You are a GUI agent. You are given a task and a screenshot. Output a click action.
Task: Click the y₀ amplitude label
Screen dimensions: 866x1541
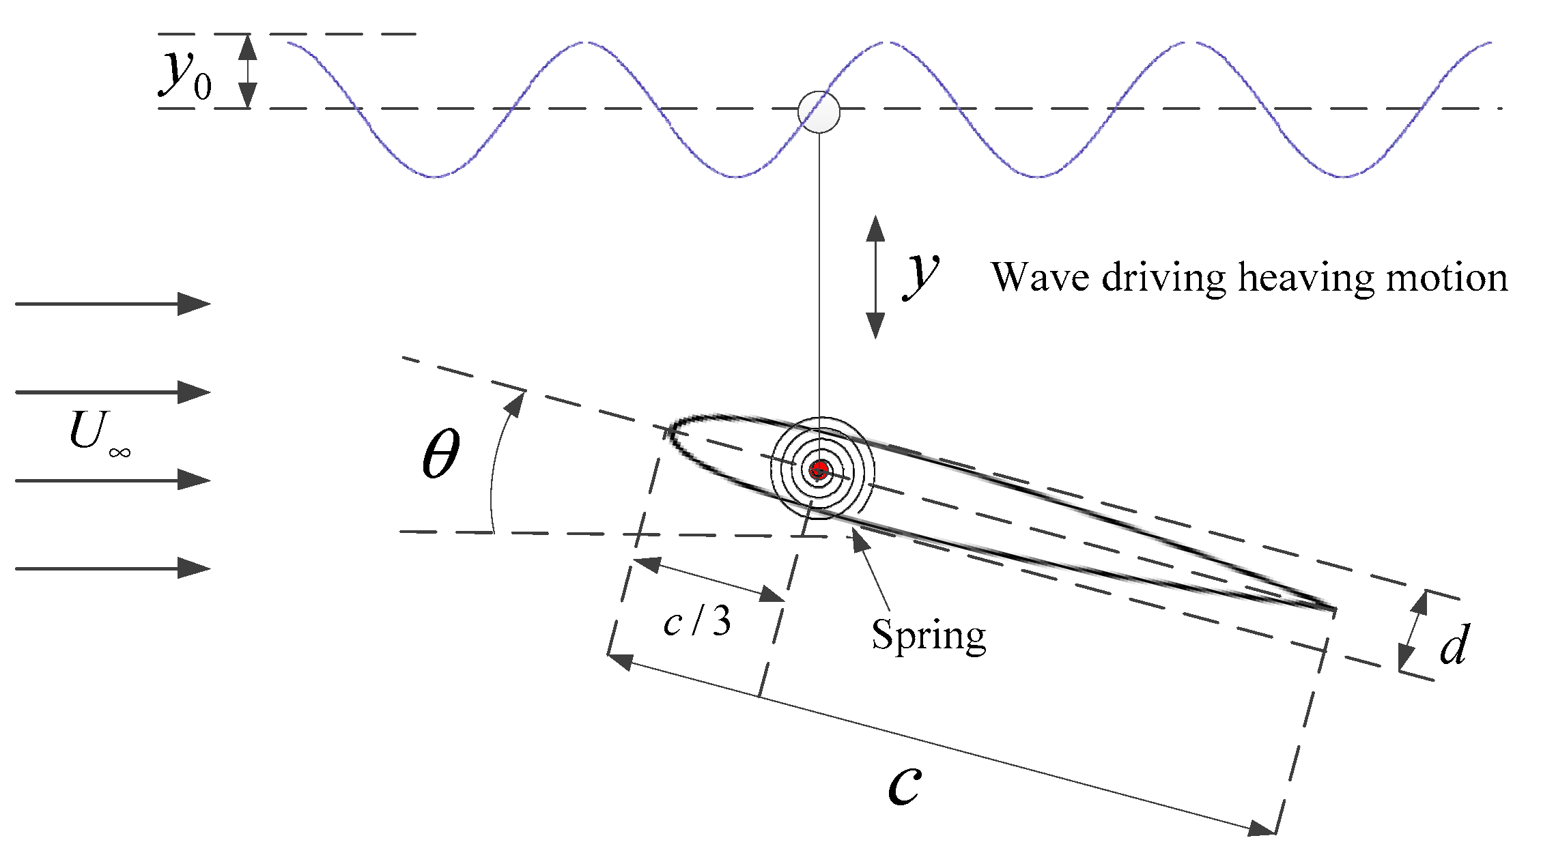coord(184,75)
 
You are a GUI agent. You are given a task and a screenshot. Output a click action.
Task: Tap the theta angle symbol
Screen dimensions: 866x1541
coord(440,454)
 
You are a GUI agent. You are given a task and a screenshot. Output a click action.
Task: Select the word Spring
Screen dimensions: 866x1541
coord(929,636)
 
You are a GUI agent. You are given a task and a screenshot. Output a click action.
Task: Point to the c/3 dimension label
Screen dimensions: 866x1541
coord(696,621)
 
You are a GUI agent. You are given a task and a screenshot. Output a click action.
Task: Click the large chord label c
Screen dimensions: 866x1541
coord(905,785)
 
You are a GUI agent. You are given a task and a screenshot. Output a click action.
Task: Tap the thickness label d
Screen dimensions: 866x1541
coord(1454,645)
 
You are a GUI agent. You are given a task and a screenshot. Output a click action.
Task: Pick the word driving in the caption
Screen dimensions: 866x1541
coord(1164,278)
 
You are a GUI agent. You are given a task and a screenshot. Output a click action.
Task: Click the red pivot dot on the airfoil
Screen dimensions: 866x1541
coord(819,470)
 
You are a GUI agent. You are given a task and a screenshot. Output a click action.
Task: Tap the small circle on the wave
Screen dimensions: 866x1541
coord(819,111)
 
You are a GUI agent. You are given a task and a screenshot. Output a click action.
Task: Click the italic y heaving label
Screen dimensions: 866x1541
coord(922,273)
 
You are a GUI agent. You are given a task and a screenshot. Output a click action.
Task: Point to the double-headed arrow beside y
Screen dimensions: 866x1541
coord(875,277)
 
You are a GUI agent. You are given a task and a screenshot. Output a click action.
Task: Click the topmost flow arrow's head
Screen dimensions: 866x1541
coord(195,304)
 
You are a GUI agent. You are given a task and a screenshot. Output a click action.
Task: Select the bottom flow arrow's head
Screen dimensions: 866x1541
coord(195,568)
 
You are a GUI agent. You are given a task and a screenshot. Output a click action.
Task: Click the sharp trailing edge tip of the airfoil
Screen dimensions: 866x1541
coord(1333,608)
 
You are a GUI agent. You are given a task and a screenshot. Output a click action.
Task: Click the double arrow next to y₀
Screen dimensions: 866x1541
coord(248,71)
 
